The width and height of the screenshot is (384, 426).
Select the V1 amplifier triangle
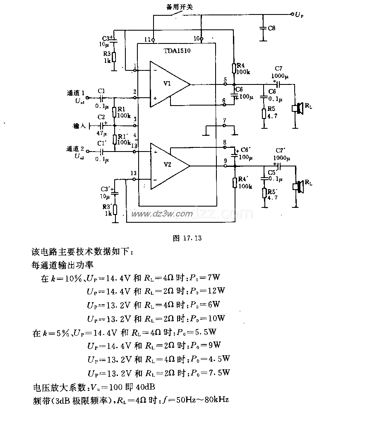click(x=168, y=84)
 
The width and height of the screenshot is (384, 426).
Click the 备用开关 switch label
click(x=179, y=7)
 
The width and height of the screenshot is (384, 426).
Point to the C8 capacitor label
click(x=272, y=28)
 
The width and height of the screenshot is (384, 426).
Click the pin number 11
click(x=147, y=39)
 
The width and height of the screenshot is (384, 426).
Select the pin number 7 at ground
click(x=224, y=120)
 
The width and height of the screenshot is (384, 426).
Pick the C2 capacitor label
click(x=101, y=117)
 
